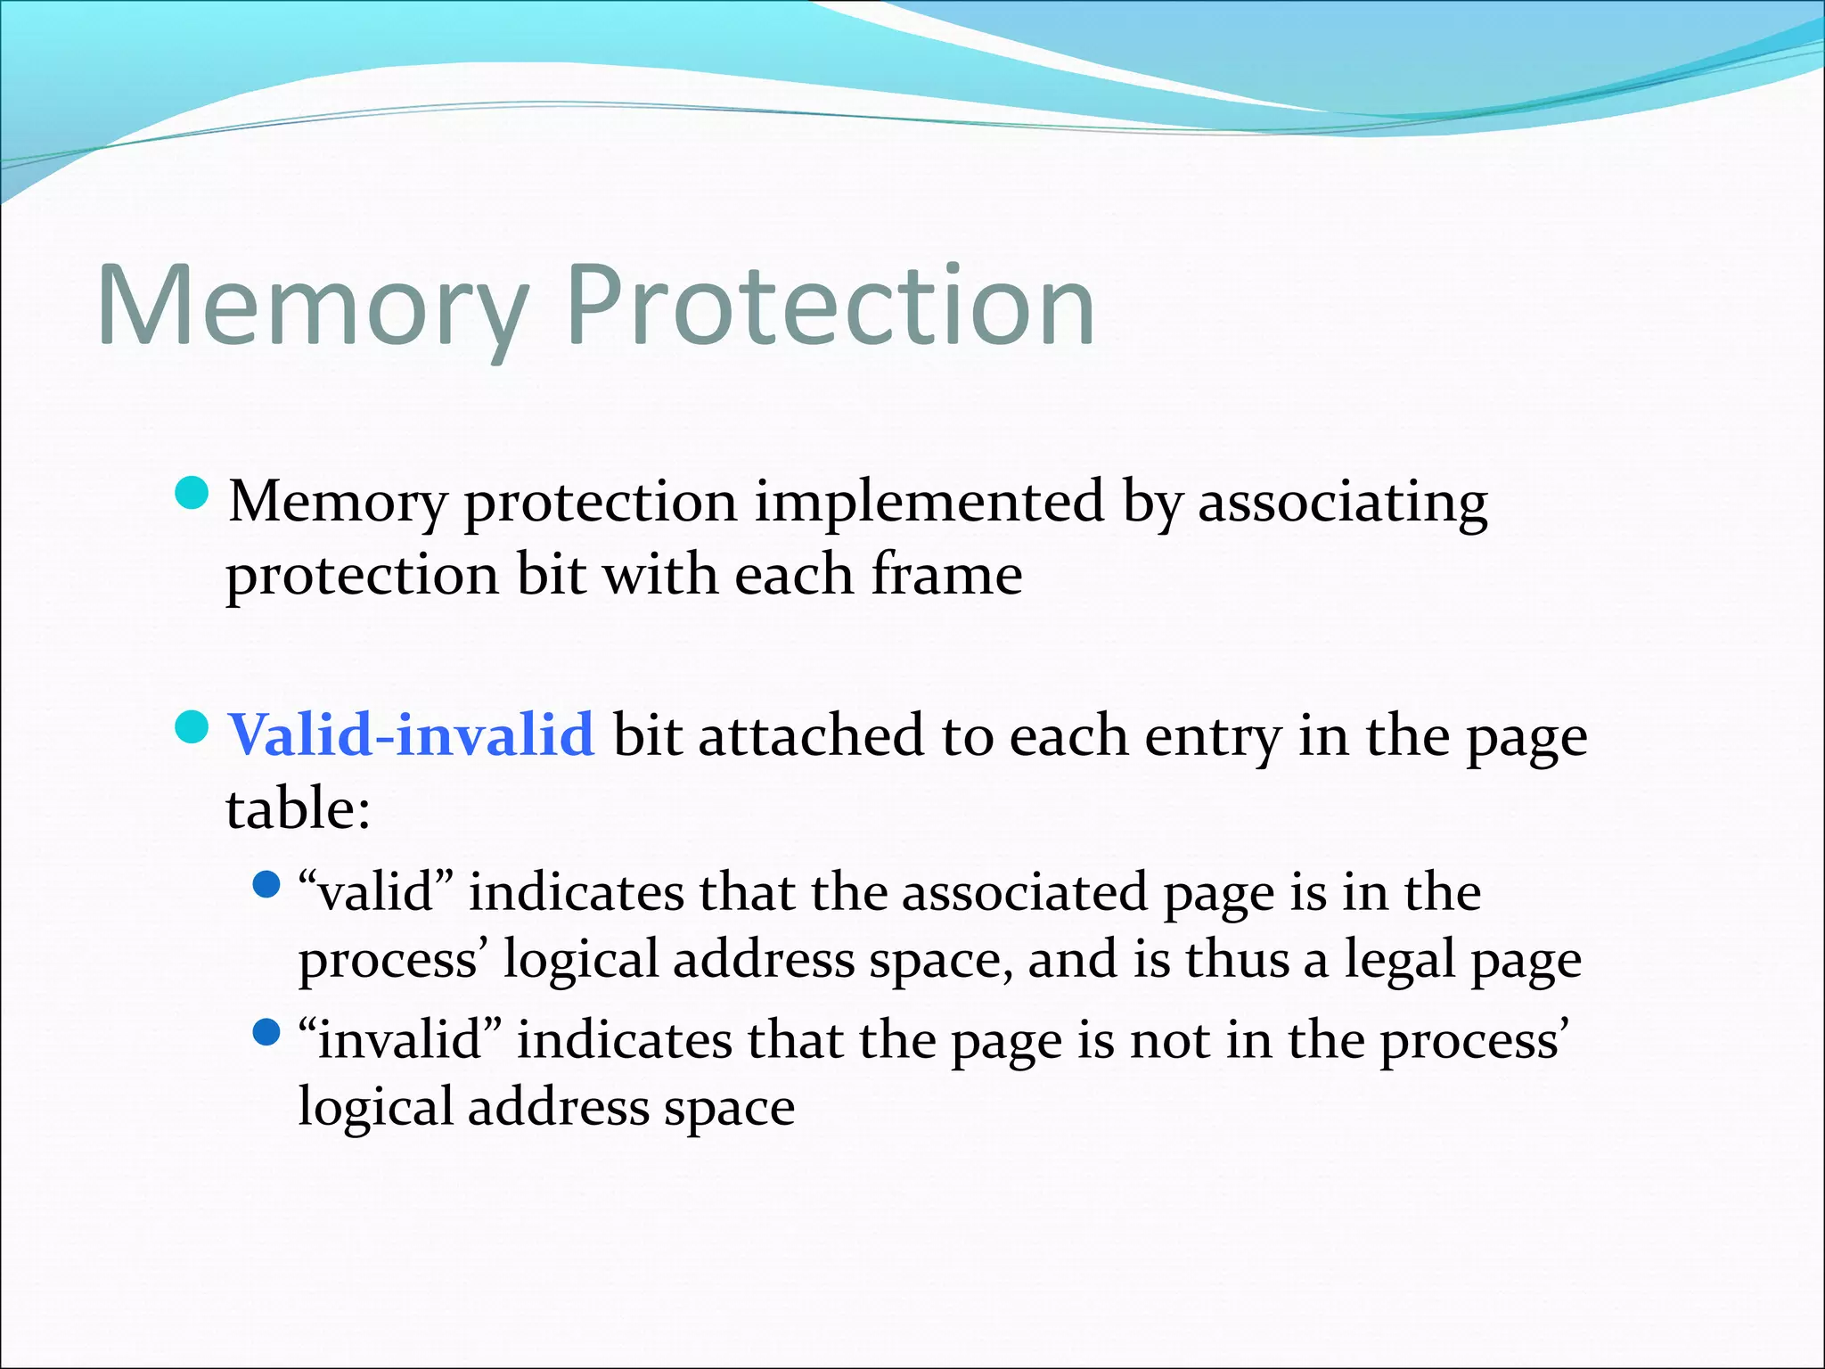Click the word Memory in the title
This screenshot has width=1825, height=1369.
(312, 307)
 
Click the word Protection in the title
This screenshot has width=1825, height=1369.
(831, 307)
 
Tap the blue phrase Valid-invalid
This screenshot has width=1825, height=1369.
(411, 735)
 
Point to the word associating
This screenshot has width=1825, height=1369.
(1342, 502)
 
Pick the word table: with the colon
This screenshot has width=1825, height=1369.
(298, 809)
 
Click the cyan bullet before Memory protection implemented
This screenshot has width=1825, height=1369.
(192, 493)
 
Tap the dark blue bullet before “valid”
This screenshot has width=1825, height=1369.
(266, 885)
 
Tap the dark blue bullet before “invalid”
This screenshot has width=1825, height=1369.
(266, 1033)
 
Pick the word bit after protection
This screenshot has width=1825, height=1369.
(551, 575)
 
